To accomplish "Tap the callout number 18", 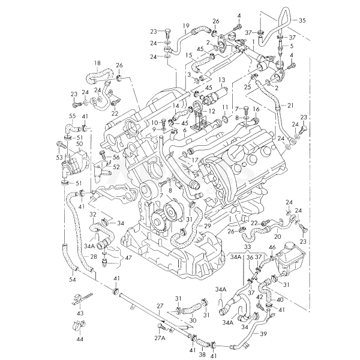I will point(97,63).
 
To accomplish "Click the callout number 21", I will point(290,106).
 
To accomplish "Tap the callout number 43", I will point(80,314).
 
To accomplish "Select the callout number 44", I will point(80,339).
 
